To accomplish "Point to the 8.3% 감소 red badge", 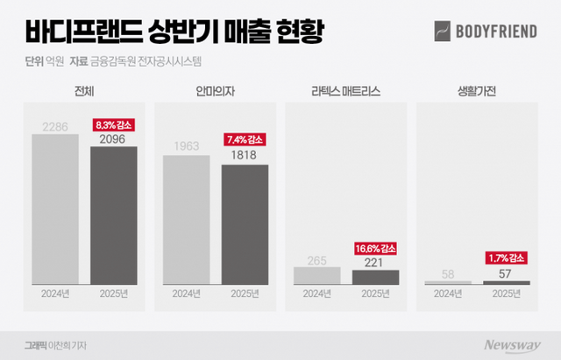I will (x=114, y=125).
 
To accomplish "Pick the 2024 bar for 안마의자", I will (x=187, y=219).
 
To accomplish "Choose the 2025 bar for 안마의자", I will (x=245, y=223).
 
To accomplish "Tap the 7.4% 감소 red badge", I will (x=245, y=139).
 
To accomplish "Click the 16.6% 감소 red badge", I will (x=375, y=248).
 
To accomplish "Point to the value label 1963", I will (x=187, y=146).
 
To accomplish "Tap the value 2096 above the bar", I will (x=114, y=138).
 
